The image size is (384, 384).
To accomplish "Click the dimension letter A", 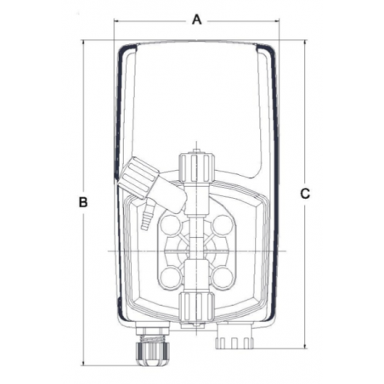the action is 197,20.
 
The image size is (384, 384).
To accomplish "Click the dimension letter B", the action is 83,202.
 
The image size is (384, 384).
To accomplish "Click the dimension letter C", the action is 305,194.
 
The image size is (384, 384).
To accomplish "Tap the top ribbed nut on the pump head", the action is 196,168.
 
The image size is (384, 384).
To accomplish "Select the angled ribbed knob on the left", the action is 138,178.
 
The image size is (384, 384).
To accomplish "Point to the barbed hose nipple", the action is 147,216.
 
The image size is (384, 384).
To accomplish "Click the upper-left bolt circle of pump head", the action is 171,224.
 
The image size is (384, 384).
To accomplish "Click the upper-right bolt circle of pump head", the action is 223,224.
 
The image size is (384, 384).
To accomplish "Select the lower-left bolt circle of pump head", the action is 171,276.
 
